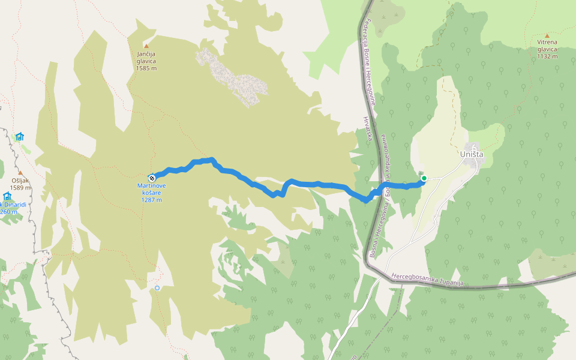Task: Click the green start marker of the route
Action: click(424, 178)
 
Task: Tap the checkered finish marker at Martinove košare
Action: click(152, 177)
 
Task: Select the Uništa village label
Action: click(471, 155)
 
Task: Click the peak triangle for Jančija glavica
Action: click(146, 46)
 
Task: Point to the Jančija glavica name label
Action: click(146, 57)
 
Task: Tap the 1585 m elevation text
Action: click(146, 68)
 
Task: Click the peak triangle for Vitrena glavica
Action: click(547, 35)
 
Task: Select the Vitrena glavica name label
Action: click(547, 46)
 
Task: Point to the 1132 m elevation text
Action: click(547, 56)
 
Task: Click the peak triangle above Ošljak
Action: click(20, 172)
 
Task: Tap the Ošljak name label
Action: click(20, 181)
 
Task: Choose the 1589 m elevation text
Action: click(20, 188)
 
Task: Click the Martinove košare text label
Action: click(152, 189)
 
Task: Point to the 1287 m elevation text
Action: click(152, 200)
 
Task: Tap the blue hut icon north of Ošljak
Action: click(20, 136)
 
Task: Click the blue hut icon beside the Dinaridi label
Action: click(7, 196)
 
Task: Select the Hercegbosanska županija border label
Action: click(427, 280)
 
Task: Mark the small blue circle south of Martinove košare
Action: click(157, 288)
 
